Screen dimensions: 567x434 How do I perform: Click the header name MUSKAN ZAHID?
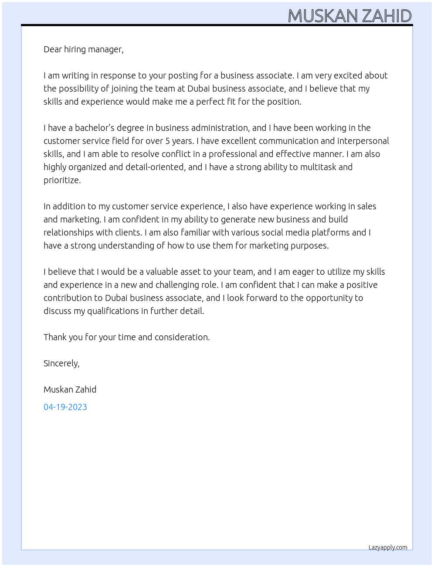[349, 16]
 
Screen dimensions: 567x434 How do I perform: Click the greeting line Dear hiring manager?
[83, 49]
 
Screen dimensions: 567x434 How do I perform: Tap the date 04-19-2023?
[65, 407]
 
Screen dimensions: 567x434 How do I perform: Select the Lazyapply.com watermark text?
[388, 547]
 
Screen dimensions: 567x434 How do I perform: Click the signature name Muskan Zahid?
[70, 389]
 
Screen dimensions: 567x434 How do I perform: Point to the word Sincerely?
[61, 363]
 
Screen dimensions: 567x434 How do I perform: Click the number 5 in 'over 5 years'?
[168, 141]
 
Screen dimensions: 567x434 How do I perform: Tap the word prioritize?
[62, 180]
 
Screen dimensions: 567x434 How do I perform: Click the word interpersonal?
[363, 141]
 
